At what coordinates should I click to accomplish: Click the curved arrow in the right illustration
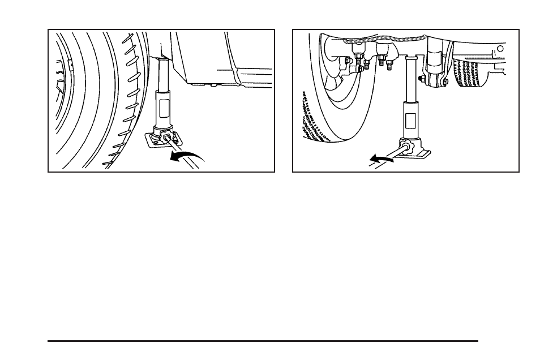pos(381,159)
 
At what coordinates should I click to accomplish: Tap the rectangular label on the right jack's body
pos(410,120)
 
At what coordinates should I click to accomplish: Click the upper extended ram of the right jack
pos(411,79)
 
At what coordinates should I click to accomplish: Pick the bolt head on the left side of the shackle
pos(421,78)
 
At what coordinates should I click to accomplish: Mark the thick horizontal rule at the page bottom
pos(263,341)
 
